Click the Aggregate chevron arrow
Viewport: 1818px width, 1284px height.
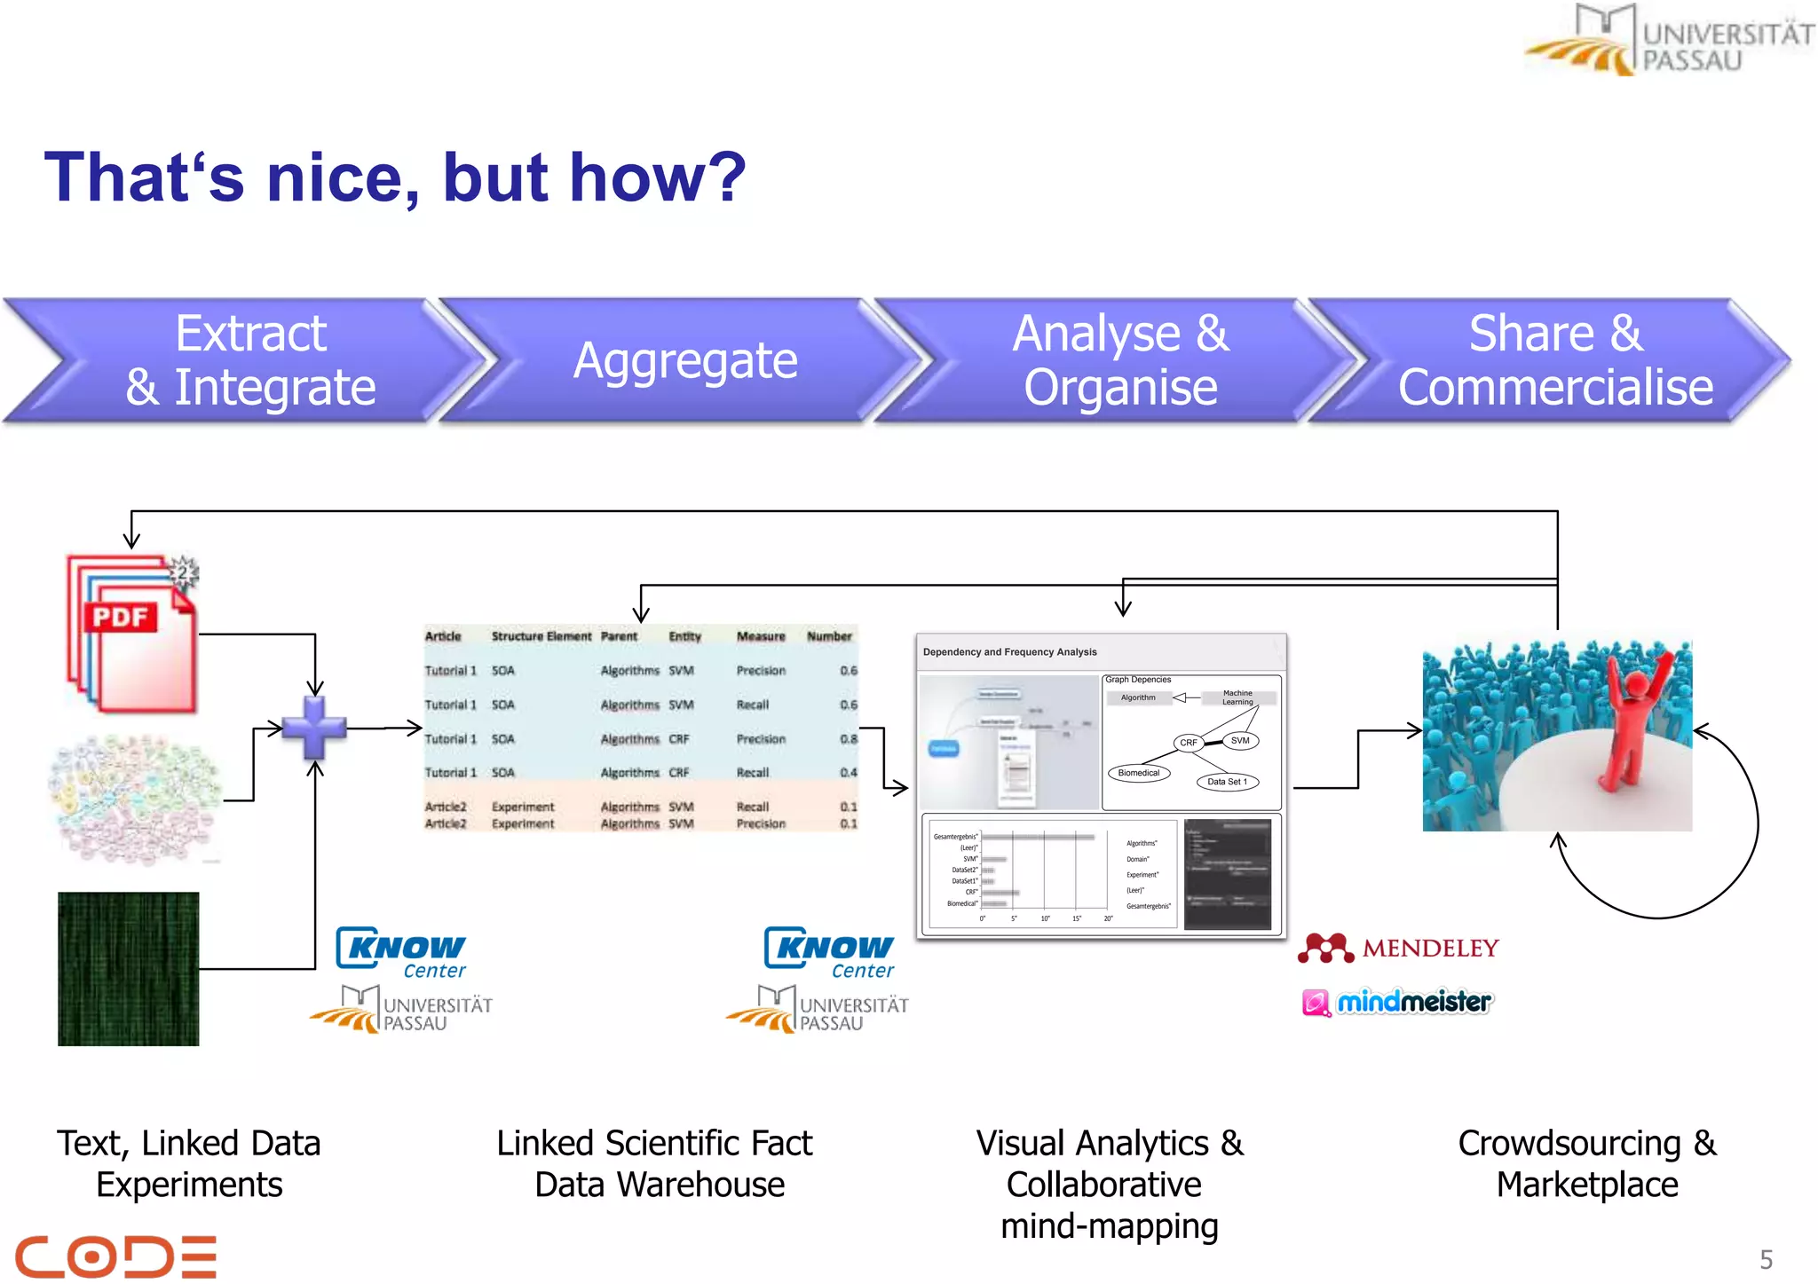pyautogui.click(x=684, y=361)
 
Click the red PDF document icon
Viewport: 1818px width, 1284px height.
pyautogui.click(x=133, y=634)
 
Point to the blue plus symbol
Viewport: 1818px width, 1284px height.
pyautogui.click(x=314, y=728)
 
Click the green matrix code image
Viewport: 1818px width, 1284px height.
pyautogui.click(x=129, y=969)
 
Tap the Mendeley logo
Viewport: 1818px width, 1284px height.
pyautogui.click(x=1399, y=949)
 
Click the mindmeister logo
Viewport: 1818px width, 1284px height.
pyautogui.click(x=1399, y=1003)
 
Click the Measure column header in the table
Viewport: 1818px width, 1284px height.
pyautogui.click(x=761, y=636)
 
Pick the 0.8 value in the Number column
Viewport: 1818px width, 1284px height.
pyautogui.click(x=849, y=738)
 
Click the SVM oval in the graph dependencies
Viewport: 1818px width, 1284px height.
pyautogui.click(x=1239, y=740)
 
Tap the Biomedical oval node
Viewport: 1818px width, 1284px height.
pyautogui.click(x=1138, y=773)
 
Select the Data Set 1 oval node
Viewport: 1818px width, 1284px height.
pyautogui.click(x=1227, y=782)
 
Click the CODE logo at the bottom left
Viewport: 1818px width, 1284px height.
pyautogui.click(x=115, y=1256)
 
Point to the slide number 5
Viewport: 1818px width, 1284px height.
pyautogui.click(x=1766, y=1259)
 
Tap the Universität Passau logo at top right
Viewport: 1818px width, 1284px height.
pyautogui.click(x=1669, y=40)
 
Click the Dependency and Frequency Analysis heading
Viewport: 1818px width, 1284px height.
pyautogui.click(x=1009, y=652)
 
